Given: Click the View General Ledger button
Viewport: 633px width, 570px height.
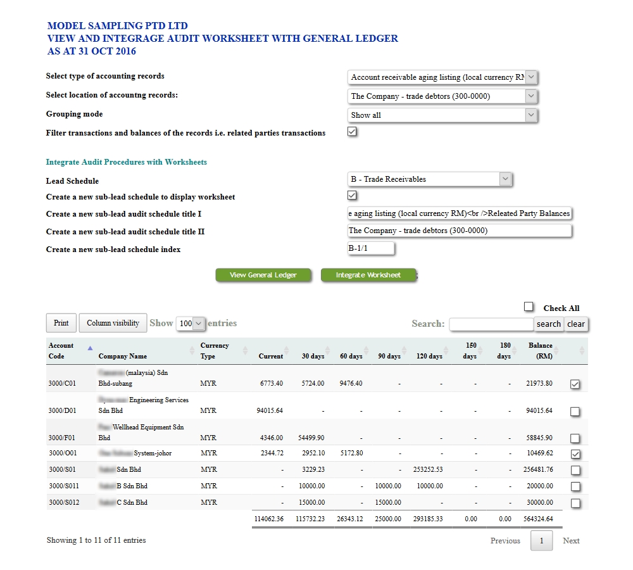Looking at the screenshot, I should [263, 275].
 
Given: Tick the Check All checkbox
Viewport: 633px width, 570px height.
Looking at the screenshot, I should [529, 307].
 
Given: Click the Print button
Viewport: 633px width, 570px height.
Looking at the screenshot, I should [61, 323].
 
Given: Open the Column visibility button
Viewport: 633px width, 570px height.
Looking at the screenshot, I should [113, 323].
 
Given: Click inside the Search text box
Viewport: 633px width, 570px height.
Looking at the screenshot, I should [491, 324].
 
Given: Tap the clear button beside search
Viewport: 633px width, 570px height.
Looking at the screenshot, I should [576, 324].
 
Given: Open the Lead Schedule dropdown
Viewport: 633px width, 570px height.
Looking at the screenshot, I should [430, 179].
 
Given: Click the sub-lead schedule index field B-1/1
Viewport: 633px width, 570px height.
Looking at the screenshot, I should [371, 248].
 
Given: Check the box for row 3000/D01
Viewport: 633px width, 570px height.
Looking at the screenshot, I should [575, 412].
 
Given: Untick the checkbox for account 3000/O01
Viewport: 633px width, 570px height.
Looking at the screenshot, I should [575, 454].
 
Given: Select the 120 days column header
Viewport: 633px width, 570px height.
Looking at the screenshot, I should [429, 356].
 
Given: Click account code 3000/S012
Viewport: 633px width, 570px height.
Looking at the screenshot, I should [63, 502].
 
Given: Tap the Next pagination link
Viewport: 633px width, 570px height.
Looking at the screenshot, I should [571, 541].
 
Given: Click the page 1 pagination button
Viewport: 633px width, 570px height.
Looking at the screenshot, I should [541, 541].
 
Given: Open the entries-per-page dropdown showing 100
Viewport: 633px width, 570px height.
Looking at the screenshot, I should [191, 324].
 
